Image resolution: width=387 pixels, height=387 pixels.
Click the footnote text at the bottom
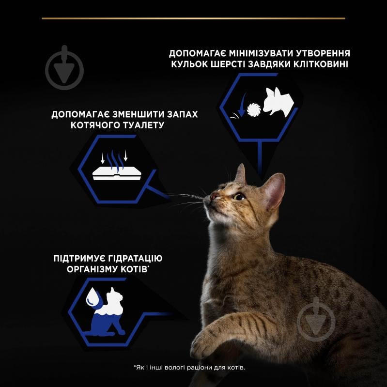tap(189, 368)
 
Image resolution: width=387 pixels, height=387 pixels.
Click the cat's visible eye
tap(239, 196)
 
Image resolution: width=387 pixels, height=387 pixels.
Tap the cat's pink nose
tap(214, 196)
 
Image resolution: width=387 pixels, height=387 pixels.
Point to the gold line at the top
tap(193, 18)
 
